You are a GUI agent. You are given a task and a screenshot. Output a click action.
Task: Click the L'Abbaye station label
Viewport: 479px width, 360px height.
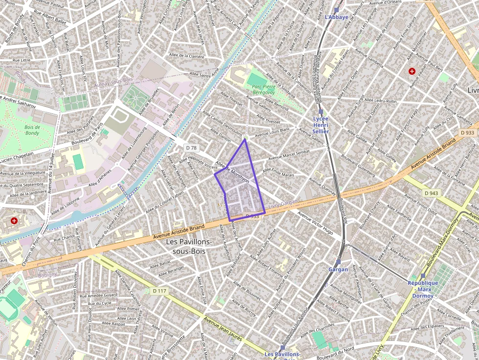336,17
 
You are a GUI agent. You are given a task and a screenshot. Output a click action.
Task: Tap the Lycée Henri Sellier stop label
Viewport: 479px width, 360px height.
321,125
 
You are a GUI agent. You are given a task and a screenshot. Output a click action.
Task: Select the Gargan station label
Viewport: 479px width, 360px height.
338,269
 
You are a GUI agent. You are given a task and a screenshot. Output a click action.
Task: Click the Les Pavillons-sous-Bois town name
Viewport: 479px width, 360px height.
189,246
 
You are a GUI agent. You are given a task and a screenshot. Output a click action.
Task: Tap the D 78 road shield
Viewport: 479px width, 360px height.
191,147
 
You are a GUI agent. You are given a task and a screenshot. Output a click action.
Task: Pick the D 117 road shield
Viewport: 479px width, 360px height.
159,291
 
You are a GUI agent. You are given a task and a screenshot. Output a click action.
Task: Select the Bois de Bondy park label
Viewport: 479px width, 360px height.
32,129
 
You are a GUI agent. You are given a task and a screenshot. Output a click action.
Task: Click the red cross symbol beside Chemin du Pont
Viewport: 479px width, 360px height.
14,221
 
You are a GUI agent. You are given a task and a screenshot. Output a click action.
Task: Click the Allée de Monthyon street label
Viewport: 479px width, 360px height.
232,172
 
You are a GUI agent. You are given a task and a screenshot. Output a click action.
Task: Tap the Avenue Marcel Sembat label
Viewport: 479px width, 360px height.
288,157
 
